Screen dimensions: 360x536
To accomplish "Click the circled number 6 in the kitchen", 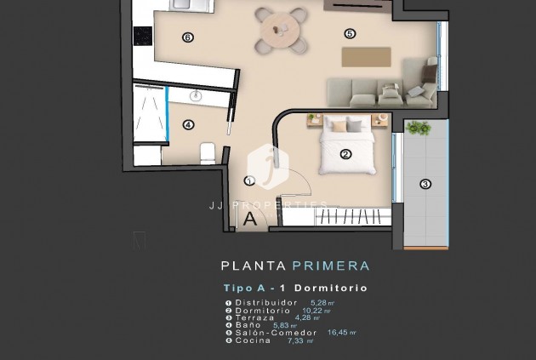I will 188,37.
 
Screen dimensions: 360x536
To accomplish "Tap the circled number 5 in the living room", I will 350,33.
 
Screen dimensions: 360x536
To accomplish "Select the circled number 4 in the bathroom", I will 188,125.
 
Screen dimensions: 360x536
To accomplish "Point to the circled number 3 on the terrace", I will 425,183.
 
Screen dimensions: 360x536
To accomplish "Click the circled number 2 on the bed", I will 345,154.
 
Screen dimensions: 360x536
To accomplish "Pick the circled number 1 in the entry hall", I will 248,180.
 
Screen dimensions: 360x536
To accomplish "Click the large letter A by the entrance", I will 250,218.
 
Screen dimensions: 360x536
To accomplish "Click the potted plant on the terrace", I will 419,129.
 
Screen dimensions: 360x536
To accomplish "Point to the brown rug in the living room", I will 367,55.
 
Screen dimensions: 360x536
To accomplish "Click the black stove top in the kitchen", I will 142,37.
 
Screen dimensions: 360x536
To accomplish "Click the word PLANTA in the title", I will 250,266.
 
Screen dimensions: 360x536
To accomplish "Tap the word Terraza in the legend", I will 254,317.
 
